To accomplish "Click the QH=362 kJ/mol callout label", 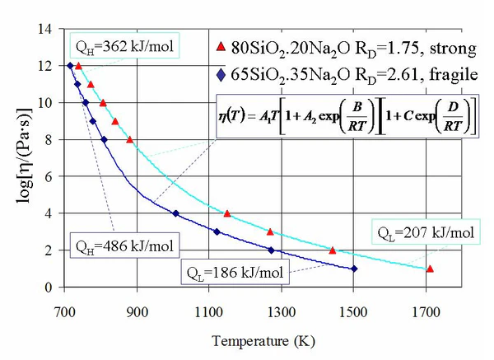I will tap(124, 46).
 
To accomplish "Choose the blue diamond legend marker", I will tap(217, 75).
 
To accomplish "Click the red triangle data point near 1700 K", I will tap(430, 269).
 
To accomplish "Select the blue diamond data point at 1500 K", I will tap(354, 269).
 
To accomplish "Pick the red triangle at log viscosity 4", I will tap(227, 213).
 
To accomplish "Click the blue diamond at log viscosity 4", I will tap(175, 213).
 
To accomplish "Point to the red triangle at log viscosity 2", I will tap(333, 250).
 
